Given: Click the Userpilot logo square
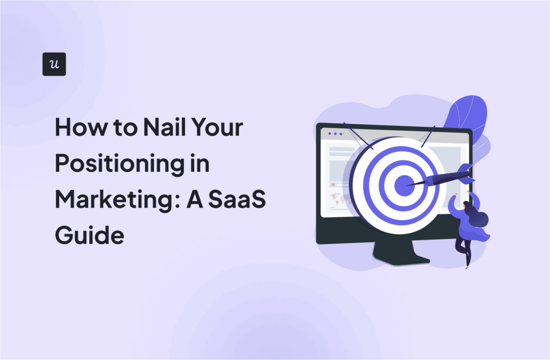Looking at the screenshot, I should tap(54, 64).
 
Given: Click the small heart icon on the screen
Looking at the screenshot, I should tap(333, 184).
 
